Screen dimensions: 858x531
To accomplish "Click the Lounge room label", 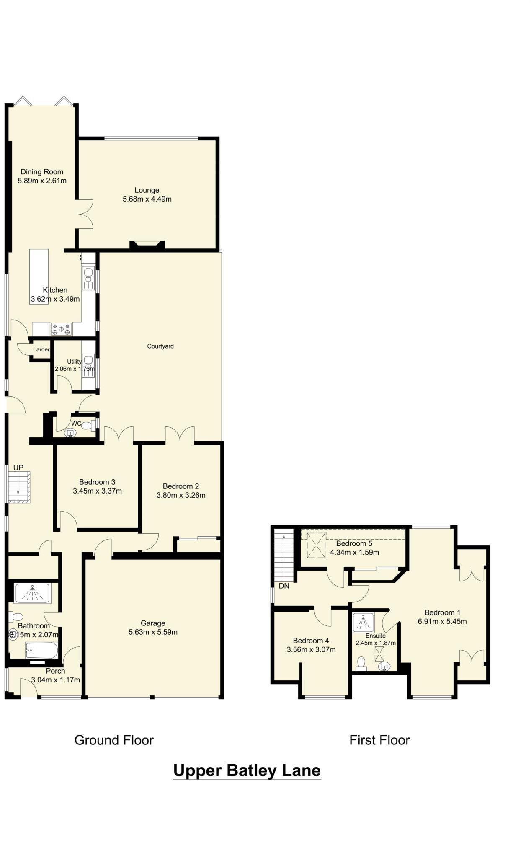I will [x=147, y=190].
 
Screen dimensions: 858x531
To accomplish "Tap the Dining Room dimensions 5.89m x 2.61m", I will [x=42, y=181].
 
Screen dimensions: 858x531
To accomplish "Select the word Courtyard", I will [x=160, y=346].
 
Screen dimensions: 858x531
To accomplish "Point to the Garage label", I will [x=153, y=623].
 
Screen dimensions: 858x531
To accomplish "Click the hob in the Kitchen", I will [x=61, y=329].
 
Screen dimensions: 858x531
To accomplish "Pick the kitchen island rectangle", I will [x=39, y=277].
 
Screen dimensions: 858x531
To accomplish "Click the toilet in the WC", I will [x=88, y=426].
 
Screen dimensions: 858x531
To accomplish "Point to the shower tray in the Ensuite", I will [x=363, y=622].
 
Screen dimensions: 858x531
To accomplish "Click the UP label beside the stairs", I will [x=18, y=468].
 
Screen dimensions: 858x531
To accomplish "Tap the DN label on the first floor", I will [x=284, y=586].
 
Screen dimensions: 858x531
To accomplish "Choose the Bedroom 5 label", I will [x=354, y=543].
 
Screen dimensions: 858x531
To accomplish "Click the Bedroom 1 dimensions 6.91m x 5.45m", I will [x=442, y=621].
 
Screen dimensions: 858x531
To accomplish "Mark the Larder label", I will [x=41, y=349].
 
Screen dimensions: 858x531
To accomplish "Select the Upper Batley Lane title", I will [x=247, y=770].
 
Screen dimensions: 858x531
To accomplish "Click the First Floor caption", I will [x=379, y=740].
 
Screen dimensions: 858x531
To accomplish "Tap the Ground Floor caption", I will [x=114, y=740].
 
